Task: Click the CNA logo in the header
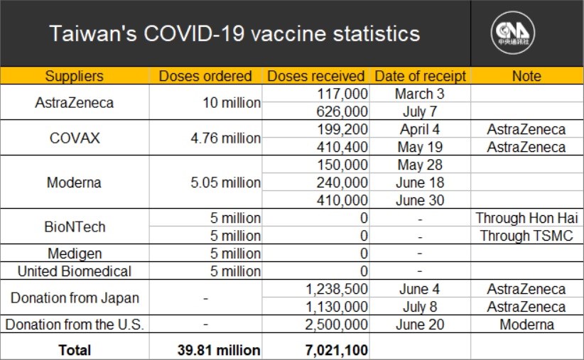click(x=513, y=33)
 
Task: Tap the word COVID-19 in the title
click(x=194, y=33)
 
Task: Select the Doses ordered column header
click(x=205, y=76)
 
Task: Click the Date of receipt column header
click(x=420, y=76)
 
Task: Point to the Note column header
click(x=526, y=76)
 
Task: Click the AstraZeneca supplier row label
click(x=75, y=103)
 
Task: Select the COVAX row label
click(x=75, y=138)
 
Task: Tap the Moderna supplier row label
click(x=74, y=182)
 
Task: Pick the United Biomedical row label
click(x=75, y=271)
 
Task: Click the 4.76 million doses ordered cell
click(x=226, y=138)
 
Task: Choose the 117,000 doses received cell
click(x=342, y=94)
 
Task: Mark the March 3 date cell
click(x=420, y=94)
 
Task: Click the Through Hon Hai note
click(x=526, y=218)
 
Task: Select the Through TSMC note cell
click(x=526, y=236)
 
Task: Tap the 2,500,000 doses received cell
click(x=336, y=324)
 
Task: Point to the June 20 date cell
click(x=420, y=324)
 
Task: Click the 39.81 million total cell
click(x=219, y=350)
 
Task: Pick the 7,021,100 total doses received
click(x=336, y=350)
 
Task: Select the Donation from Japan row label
click(x=75, y=298)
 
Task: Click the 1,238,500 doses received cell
click(x=336, y=289)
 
